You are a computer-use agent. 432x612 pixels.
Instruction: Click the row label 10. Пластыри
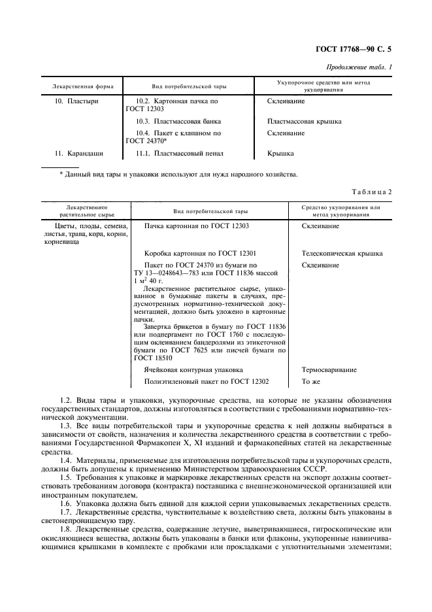pyautogui.click(x=76, y=101)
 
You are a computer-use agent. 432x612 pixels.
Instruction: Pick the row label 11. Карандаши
pyautogui.click(x=79, y=154)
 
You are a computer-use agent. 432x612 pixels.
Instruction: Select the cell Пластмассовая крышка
pyautogui.click(x=304, y=121)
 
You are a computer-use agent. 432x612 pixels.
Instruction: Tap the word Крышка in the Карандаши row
pyautogui.click(x=280, y=154)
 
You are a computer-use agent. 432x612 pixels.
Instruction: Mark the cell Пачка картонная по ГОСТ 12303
pyautogui.click(x=196, y=226)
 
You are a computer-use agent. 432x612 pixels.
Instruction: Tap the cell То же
pyautogui.click(x=310, y=382)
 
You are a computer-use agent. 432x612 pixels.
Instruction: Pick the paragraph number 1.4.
pyautogui.click(x=66, y=462)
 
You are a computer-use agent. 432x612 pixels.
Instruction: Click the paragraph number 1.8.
pyautogui.click(x=66, y=529)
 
